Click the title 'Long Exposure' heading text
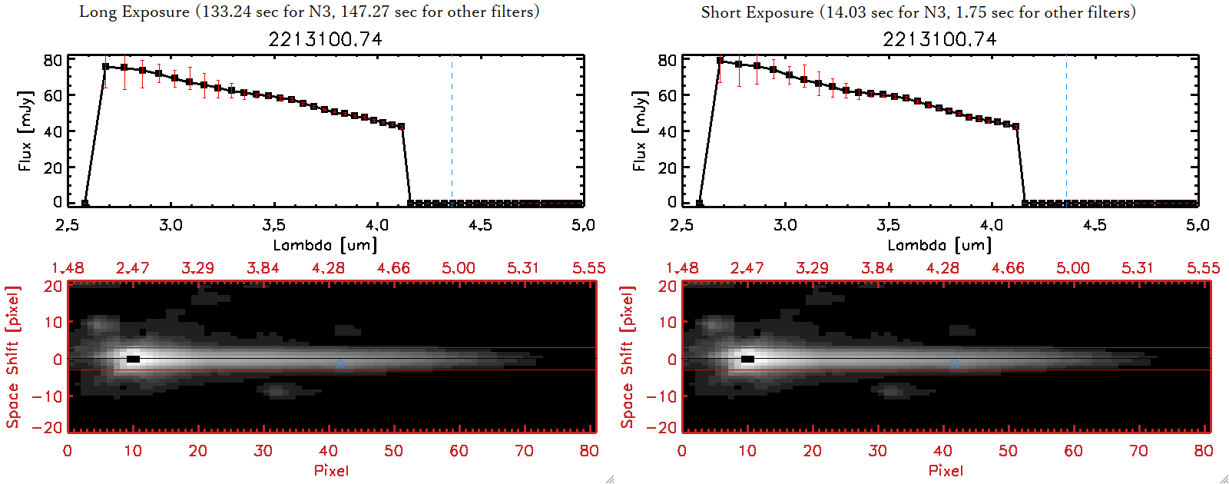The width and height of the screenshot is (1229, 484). coord(134,12)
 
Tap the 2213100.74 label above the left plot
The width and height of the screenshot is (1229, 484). coord(325,39)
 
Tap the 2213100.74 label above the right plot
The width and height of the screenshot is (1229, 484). coord(939,39)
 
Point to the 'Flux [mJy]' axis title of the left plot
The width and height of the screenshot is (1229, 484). coord(25,131)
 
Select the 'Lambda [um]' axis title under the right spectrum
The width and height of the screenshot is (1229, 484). coord(939,245)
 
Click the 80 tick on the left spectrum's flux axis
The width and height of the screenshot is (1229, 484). coord(52,60)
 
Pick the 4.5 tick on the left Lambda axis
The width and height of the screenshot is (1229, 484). coord(480,225)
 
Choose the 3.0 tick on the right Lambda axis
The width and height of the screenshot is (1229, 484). coord(785,225)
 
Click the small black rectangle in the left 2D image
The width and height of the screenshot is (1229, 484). coord(133,359)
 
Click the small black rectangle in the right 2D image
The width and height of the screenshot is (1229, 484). coord(747,359)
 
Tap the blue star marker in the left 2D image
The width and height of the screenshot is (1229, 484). coord(340,363)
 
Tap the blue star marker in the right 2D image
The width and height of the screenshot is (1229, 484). coord(954,363)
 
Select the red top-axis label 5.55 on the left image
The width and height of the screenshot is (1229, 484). coord(588,268)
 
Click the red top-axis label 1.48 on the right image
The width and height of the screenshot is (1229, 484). coord(682,268)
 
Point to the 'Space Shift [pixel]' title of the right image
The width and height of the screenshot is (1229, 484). coord(628,357)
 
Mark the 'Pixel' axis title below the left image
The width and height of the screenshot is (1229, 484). coord(331,470)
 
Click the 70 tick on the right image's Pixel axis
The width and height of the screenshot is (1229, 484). coord(1138,451)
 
